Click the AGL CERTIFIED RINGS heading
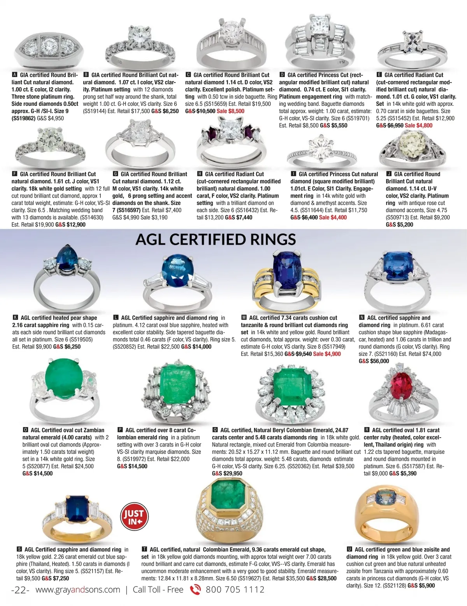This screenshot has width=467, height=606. point(216,239)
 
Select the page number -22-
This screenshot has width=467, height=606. point(20,590)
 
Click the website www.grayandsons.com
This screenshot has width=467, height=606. point(77,590)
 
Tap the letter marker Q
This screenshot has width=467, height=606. point(215,430)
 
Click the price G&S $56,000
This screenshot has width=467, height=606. point(374,361)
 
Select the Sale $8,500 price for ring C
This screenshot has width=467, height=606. point(230,111)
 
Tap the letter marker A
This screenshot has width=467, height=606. point(15,75)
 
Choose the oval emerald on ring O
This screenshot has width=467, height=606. point(62,379)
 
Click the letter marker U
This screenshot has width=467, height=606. point(349,550)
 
